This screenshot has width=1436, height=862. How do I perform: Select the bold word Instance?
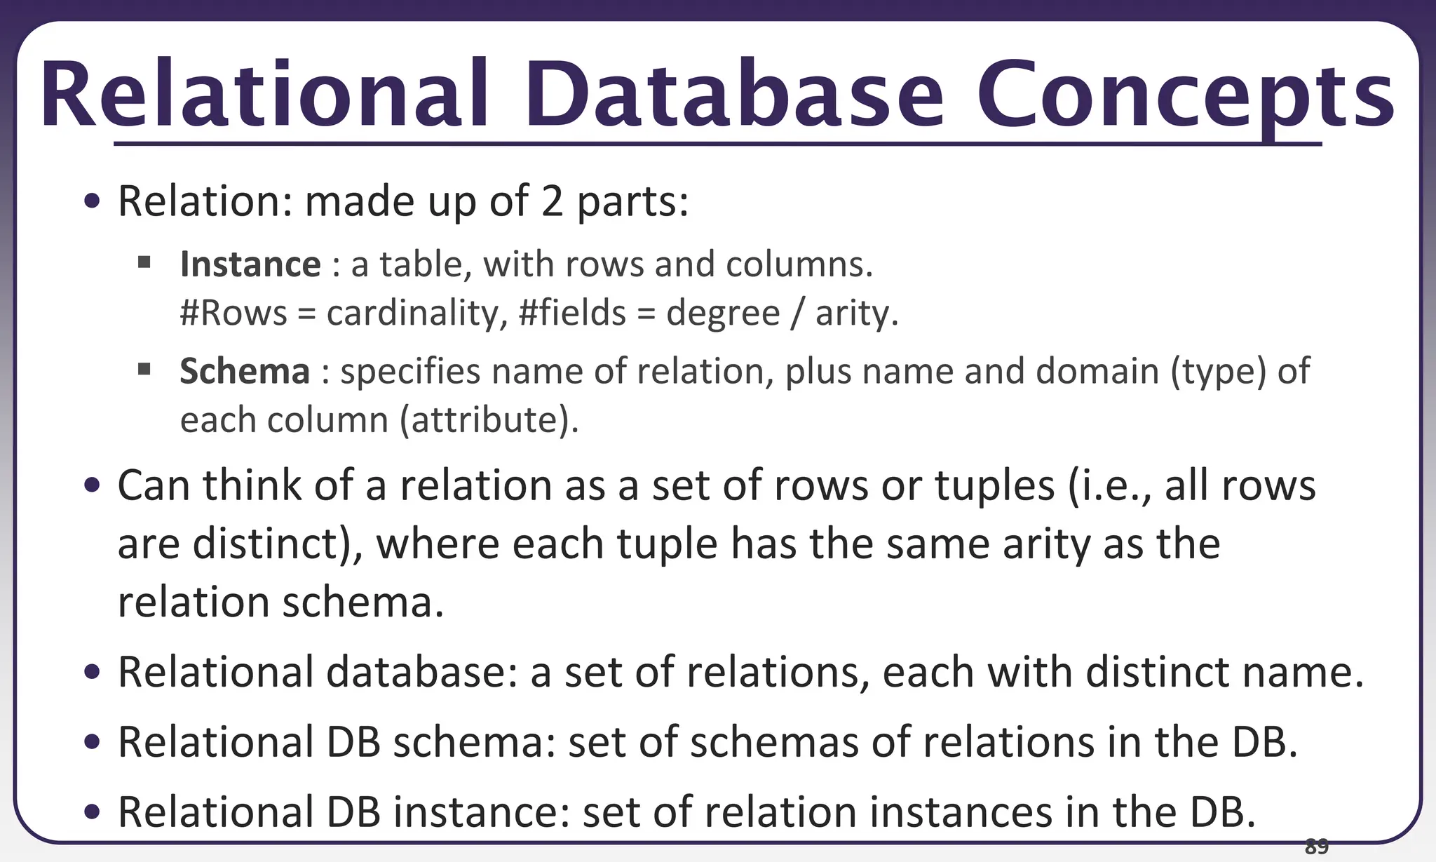250,264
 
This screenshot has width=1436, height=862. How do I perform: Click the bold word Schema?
245,371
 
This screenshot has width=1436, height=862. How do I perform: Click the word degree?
723,314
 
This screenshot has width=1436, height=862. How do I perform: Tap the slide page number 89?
1316,847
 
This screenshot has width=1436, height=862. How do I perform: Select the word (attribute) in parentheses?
489,420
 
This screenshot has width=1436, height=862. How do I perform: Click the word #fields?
572,313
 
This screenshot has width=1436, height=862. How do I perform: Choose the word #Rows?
233,313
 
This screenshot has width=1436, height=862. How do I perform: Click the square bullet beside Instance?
145,263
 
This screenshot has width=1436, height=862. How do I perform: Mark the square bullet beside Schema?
145,370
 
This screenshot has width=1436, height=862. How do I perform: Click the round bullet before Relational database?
92,673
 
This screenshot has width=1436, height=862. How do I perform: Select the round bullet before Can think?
92,485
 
